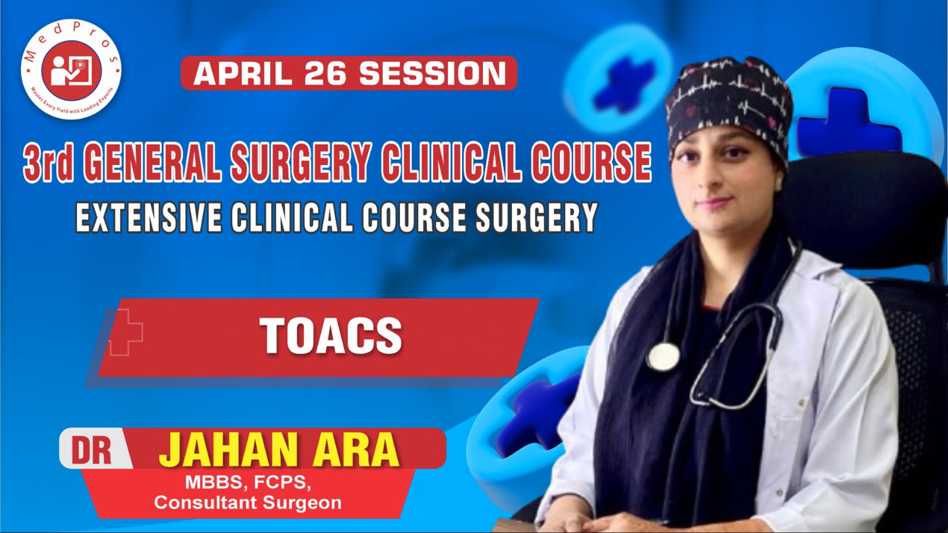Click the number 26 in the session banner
[326, 74]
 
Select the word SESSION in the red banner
[433, 74]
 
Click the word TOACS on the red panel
[331, 336]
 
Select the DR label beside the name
[92, 450]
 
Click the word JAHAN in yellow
[227, 450]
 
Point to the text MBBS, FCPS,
[248, 482]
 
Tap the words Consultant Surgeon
[248, 503]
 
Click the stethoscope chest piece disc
[663, 356]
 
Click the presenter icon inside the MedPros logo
[71, 70]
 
